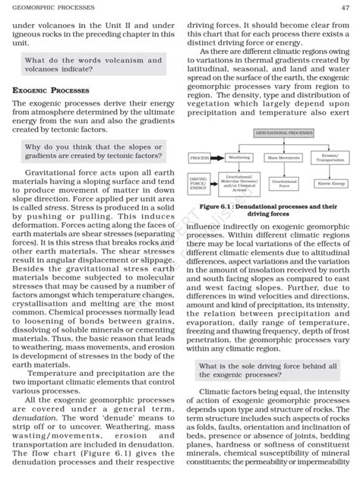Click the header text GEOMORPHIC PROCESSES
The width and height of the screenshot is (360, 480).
(x=50, y=7)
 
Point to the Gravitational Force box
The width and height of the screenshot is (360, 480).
(x=284, y=183)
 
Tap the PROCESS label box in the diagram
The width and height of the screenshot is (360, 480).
(x=199, y=158)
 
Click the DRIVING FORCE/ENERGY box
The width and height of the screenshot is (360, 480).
(x=199, y=183)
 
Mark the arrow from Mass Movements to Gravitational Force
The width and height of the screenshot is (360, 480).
(x=283, y=170)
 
